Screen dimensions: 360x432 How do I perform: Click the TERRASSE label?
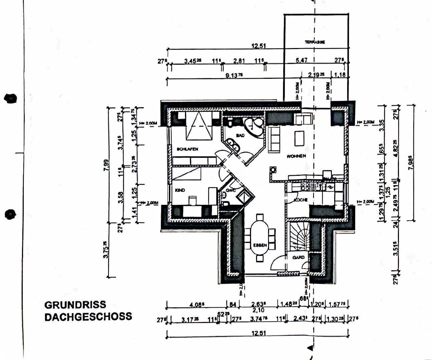[x=314, y=42]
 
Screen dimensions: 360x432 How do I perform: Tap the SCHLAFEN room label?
[x=188, y=149]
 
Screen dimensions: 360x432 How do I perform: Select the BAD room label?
[x=240, y=135]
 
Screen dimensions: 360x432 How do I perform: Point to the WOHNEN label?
[x=296, y=156]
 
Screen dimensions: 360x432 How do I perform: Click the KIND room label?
[x=180, y=190]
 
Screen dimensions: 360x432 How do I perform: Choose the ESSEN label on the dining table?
[x=260, y=245]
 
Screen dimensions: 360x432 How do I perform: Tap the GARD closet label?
[x=298, y=258]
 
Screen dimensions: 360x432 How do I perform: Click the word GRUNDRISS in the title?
[x=75, y=305]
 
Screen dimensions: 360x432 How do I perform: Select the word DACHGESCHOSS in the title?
[x=88, y=317]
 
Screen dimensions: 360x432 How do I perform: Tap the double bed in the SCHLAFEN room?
[x=199, y=126]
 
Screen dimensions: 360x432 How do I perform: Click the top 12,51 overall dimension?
[x=258, y=46]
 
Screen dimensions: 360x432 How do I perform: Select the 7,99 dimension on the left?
[x=106, y=165]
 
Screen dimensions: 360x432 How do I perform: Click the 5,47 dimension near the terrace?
[x=301, y=61]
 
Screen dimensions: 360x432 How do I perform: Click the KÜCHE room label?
[x=300, y=200]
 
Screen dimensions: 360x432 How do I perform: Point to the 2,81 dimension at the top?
[x=239, y=61]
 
